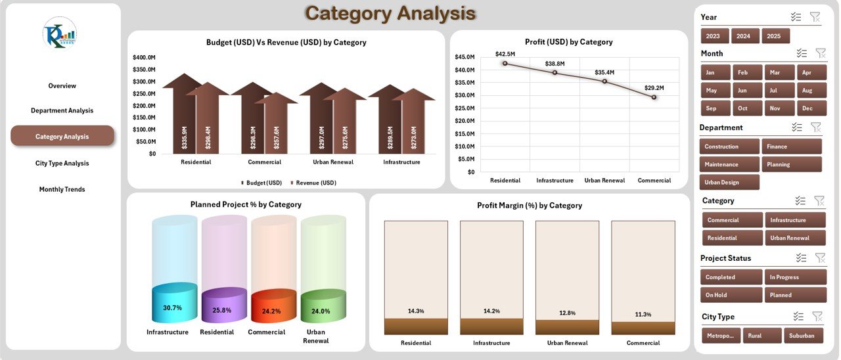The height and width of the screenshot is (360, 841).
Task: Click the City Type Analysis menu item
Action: click(62, 163)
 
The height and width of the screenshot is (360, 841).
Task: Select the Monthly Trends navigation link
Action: click(62, 189)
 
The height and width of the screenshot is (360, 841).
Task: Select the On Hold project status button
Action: click(731, 295)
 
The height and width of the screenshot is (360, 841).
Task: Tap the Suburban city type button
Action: click(802, 336)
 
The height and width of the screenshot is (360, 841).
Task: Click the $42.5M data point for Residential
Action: click(505, 64)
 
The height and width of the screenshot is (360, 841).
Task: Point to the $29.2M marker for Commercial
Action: click(654, 97)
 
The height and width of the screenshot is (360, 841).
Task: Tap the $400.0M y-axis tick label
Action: click(143, 57)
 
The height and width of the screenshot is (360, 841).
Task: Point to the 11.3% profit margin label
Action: click(643, 315)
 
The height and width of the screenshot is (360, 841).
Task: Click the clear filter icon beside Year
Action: click(815, 17)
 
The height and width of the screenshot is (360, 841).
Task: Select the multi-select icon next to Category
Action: click(800, 200)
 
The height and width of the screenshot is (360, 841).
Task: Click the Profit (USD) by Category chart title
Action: click(568, 41)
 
